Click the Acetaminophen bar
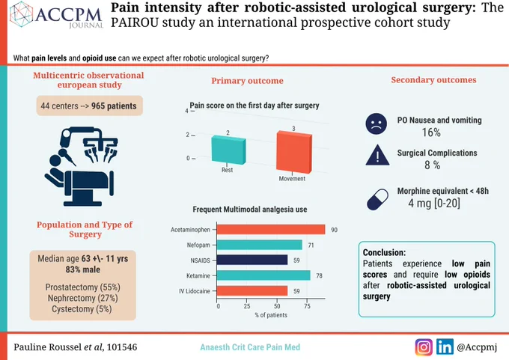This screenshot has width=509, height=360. coord(271,230)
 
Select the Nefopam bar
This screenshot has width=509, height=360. coord(260,245)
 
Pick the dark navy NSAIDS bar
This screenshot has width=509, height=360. coord(252,260)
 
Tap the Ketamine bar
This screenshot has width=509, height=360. coord(263,275)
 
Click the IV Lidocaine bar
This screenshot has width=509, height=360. coord(252,291)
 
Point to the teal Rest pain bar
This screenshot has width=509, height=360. coord(228,150)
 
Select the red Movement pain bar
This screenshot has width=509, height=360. coord(294,152)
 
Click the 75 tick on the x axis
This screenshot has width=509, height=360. coord(307,306)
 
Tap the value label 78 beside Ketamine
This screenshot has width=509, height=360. coord(319,275)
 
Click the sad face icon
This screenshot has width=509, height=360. coord(377,124)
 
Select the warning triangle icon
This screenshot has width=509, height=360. coord(377,156)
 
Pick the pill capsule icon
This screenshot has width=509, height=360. coord(377,199)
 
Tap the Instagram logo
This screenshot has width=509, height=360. coord(424,347)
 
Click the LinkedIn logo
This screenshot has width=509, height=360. coord(445,347)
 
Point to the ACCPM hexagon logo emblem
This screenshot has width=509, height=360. coord(22,14)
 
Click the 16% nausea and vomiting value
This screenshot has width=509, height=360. coord(431,132)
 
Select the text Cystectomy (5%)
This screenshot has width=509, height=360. coord(82,308)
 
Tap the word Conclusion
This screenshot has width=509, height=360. coord(384,252)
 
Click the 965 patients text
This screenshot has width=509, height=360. coord(114,106)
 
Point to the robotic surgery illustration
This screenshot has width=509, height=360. coord(81,167)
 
